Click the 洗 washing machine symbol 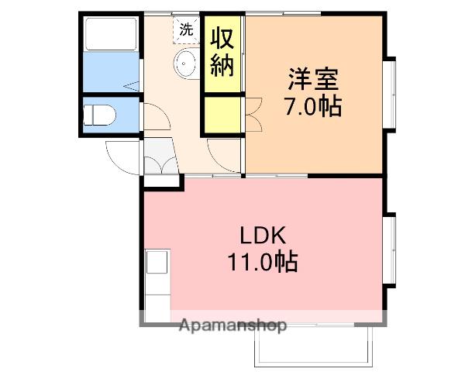click(x=186, y=30)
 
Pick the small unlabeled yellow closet click(x=222, y=113)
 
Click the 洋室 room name click(x=314, y=80)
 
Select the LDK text click(x=261, y=235)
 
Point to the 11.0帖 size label click(x=261, y=262)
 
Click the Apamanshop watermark click(x=233, y=325)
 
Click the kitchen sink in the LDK click(x=156, y=263)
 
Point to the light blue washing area click(x=109, y=72)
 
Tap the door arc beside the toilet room click(x=155, y=116)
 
